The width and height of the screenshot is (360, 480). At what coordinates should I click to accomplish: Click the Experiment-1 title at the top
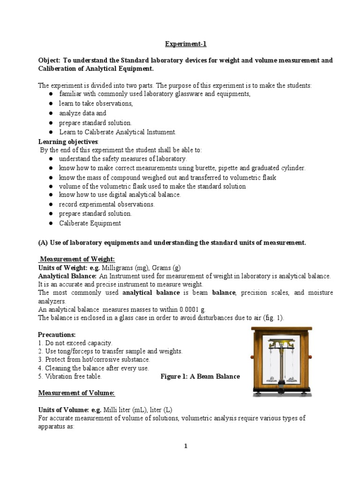(185, 44)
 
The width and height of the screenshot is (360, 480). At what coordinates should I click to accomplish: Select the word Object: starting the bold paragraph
(49, 60)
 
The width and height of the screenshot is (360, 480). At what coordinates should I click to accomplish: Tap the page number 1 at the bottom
(186, 446)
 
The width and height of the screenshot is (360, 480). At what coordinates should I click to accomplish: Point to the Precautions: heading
(56, 335)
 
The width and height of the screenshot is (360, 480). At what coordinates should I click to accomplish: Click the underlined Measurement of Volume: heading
(76, 392)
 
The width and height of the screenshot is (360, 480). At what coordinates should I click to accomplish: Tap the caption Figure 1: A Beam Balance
(200, 376)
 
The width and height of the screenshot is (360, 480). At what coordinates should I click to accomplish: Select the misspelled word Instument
(161, 132)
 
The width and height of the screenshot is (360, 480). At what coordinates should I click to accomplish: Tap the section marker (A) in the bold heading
(43, 242)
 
